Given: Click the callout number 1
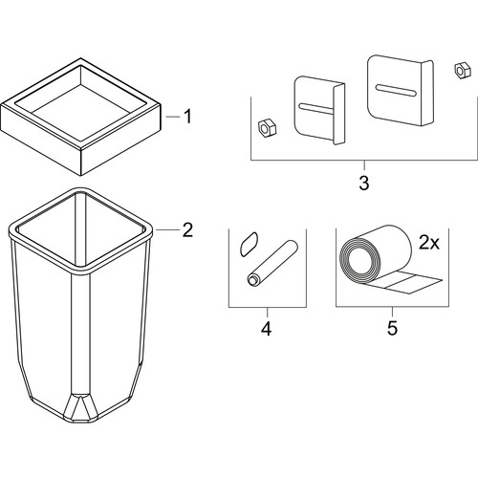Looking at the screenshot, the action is tap(188, 117).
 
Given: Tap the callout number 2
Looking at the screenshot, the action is tap(187, 229).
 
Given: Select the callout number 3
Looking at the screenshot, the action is tap(364, 183).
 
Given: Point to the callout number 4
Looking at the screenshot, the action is tap(267, 328).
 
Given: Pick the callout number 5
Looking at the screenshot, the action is tap(392, 328).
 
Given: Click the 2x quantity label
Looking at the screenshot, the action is tap(429, 244).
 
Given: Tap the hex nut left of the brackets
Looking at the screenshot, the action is tap(267, 128).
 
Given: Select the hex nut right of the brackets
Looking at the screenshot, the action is tap(462, 71).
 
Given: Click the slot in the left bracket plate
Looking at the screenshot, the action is tap(316, 109).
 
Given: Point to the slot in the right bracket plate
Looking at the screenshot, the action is tap(396, 90).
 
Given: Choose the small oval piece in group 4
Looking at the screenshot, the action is tap(249, 244).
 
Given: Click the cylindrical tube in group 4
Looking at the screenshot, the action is tap(272, 263).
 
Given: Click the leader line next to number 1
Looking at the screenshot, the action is tap(173, 117).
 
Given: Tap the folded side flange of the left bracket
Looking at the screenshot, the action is tap(338, 114).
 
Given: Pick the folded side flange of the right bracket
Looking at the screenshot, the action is tap(427, 93).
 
